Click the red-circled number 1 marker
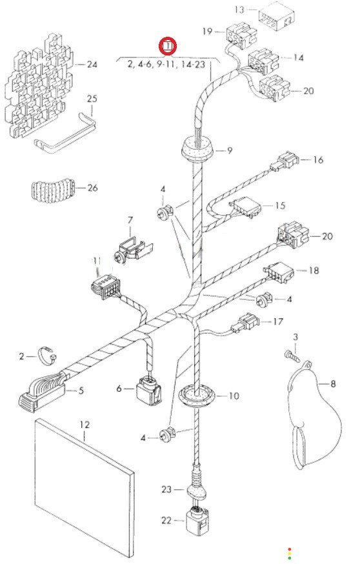[x=168, y=46]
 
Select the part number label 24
[x=92, y=65]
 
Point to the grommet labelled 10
[x=197, y=396]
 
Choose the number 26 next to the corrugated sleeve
[x=92, y=188]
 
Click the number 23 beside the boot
[x=166, y=490]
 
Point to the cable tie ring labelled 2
[x=46, y=356]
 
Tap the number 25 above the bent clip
[x=92, y=99]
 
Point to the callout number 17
[x=278, y=321]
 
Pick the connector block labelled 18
[x=279, y=274]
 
